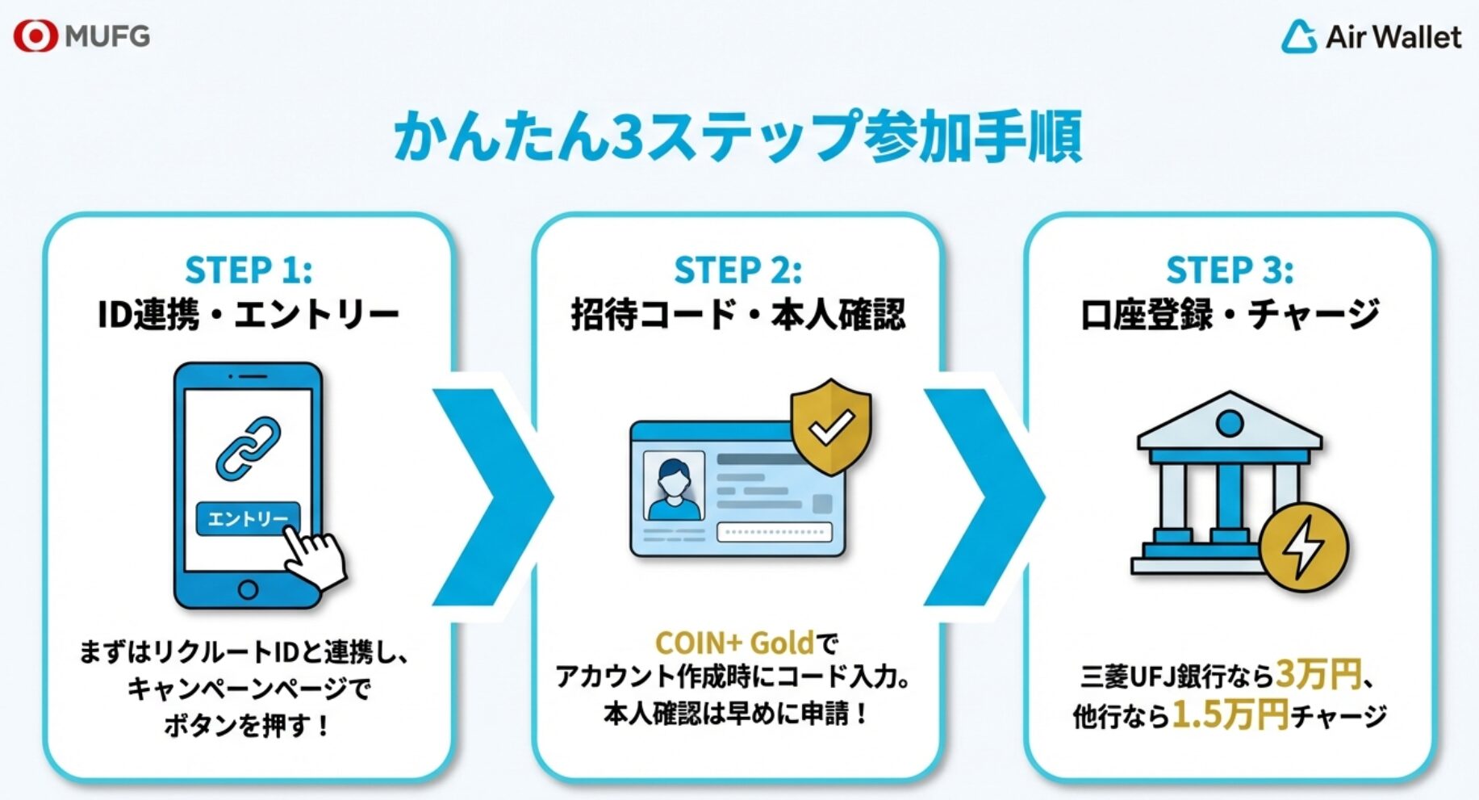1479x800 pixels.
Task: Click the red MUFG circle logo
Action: click(x=36, y=36)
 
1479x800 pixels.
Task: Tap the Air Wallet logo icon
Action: click(x=1299, y=37)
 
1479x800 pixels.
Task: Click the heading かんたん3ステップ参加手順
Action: click(x=737, y=136)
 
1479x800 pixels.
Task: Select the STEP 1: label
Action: click(x=249, y=270)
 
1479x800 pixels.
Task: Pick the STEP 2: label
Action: click(x=737, y=270)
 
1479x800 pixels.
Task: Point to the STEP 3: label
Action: click(x=1229, y=270)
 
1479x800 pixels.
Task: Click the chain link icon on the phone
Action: click(x=249, y=446)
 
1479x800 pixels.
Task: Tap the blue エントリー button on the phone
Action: click(x=247, y=518)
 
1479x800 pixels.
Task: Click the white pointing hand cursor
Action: click(x=316, y=559)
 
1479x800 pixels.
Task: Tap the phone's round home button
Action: click(x=248, y=589)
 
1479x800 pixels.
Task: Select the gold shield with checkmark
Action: click(x=831, y=426)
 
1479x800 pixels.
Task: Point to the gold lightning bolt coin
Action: click(x=1303, y=548)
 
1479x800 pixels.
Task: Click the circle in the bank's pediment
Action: click(x=1229, y=424)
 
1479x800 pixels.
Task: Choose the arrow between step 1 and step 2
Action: click(x=492, y=496)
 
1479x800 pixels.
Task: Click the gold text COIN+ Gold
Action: click(x=733, y=643)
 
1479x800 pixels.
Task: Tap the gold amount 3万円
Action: click(x=1318, y=674)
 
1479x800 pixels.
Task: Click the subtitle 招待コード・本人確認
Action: click(x=737, y=314)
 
